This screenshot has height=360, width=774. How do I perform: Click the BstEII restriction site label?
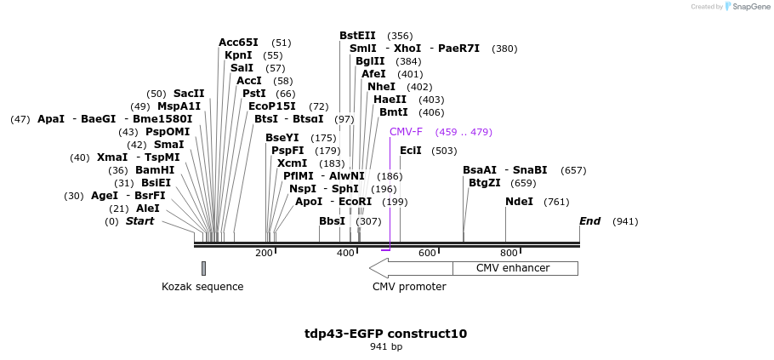[x=357, y=36]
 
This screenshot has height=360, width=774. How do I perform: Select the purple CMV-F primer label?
[x=405, y=132]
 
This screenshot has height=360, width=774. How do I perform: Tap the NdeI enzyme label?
[x=519, y=202]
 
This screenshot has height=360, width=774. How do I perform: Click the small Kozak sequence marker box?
[x=203, y=268]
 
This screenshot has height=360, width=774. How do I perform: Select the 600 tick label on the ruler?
[x=427, y=253]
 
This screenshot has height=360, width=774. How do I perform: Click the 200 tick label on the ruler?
[x=264, y=253]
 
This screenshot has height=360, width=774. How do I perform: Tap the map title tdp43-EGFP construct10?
[x=385, y=334]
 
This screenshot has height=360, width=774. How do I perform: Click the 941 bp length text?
[x=386, y=346]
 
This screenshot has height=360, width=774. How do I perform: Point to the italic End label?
[x=589, y=221]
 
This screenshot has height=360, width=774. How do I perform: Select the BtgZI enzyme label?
[x=485, y=183]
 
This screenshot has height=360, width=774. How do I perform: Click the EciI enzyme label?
[x=411, y=151]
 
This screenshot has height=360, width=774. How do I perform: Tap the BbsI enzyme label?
[x=333, y=221]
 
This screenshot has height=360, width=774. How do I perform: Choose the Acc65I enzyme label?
[x=238, y=43]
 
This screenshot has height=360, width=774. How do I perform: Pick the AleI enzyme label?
[x=148, y=209]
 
